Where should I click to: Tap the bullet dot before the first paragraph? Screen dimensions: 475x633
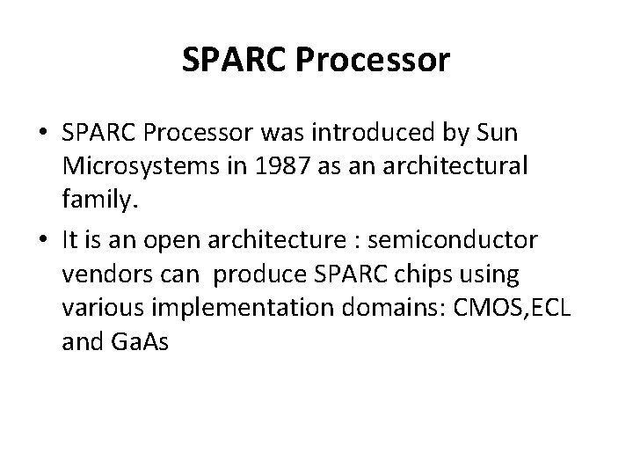click(42, 135)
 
